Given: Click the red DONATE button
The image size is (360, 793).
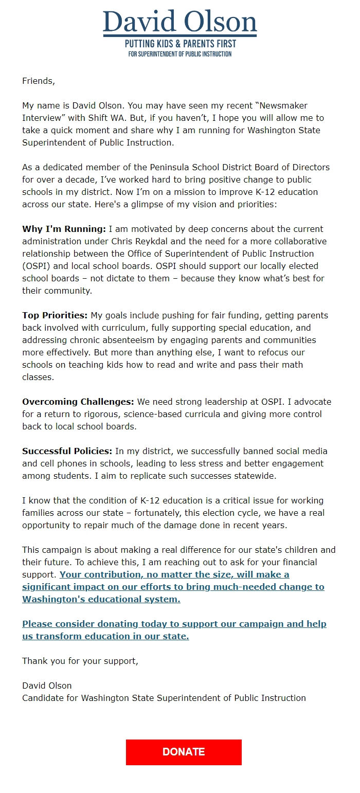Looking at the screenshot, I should point(184,752).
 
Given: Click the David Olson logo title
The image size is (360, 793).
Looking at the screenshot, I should point(180,22).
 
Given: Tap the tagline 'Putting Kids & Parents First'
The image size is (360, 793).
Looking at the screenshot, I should point(180,44).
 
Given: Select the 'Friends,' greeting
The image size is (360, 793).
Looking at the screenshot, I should point(38,81).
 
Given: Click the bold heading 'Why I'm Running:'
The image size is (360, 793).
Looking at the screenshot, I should point(64,229).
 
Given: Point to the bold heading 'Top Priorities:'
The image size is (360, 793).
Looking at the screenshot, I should point(55,315).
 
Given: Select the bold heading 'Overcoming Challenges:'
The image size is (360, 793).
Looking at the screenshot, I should point(78,402).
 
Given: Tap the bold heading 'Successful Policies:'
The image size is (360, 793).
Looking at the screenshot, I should point(67,451).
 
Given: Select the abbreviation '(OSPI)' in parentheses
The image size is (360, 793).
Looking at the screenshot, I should point(38,266).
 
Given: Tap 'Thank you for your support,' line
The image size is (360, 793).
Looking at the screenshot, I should point(80,661).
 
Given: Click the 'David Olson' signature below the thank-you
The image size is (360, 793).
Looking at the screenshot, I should point(47,686).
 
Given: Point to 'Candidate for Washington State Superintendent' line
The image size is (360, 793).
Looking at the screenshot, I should point(164,698).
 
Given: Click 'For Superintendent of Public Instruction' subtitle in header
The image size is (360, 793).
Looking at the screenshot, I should point(180,54).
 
